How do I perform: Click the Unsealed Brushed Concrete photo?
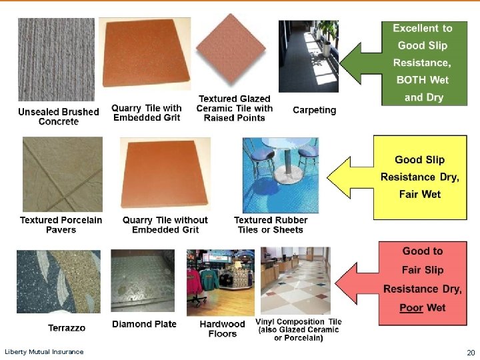(x=56, y=60)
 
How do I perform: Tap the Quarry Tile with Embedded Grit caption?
(x=147, y=113)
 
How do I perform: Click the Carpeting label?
(x=314, y=110)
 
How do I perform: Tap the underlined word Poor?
(x=411, y=307)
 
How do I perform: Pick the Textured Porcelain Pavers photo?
(x=63, y=174)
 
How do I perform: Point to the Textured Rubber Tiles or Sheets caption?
(x=271, y=225)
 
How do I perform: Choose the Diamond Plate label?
(x=144, y=324)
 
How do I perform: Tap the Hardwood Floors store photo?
(x=221, y=282)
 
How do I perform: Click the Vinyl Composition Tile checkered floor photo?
(x=295, y=280)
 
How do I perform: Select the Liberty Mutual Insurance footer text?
(x=44, y=351)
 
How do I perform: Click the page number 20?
(x=471, y=352)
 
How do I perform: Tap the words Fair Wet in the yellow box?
(x=421, y=195)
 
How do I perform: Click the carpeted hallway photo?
(x=308, y=57)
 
